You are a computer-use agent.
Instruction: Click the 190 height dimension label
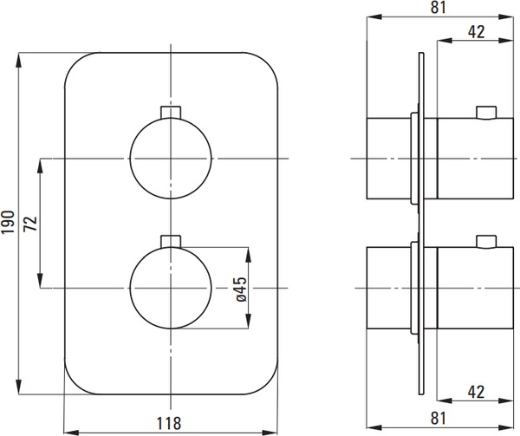(x=9, y=222)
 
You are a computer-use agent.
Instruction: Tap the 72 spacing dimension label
(x=30, y=224)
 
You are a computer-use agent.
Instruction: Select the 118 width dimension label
(x=169, y=423)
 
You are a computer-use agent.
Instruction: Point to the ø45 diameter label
(x=242, y=290)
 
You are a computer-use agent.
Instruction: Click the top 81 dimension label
(x=439, y=7)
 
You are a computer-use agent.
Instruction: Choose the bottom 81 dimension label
(x=439, y=418)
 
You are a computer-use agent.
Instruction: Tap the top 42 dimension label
(x=476, y=32)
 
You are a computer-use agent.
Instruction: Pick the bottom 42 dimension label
(x=476, y=392)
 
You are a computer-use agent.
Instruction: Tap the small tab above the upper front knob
(x=171, y=112)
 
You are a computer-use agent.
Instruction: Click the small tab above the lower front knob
(x=171, y=241)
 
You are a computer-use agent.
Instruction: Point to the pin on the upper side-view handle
(x=486, y=113)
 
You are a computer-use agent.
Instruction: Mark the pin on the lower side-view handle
(x=486, y=242)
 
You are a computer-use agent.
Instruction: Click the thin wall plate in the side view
(x=421, y=224)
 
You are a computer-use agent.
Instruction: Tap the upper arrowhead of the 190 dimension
(x=19, y=61)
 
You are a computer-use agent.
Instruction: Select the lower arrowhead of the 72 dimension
(x=41, y=281)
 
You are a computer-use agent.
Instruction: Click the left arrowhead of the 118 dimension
(x=71, y=433)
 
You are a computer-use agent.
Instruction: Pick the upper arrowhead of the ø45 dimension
(x=249, y=255)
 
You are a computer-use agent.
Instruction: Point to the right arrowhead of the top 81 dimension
(x=506, y=17)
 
